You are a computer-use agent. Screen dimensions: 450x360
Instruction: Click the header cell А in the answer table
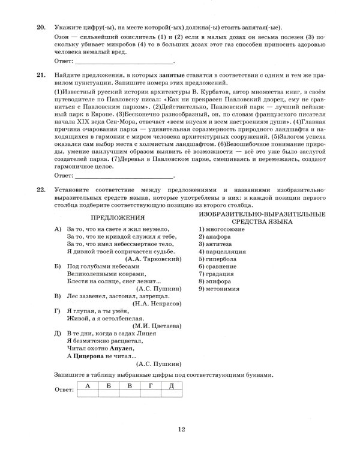point(88,385)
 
